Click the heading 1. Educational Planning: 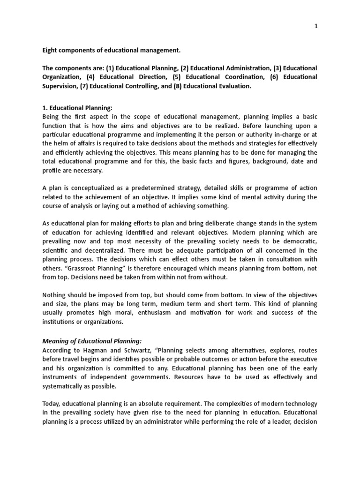click(77, 107)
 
